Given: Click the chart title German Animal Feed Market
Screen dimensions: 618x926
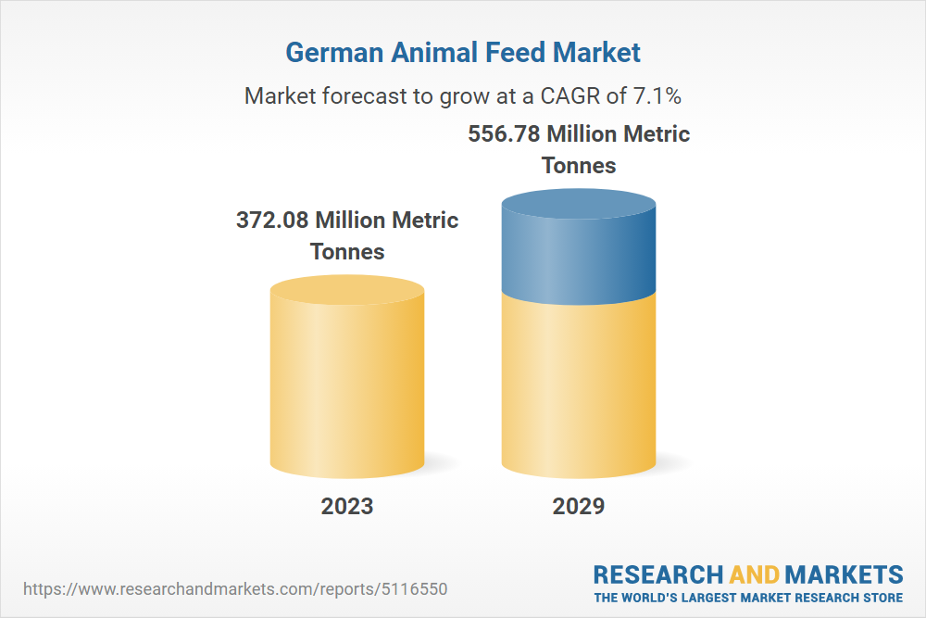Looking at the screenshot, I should point(462,52).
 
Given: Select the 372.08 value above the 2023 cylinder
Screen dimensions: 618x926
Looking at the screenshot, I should point(271,221).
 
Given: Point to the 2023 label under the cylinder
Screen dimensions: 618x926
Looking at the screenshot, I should point(347,506).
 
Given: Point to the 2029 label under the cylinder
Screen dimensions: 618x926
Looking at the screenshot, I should point(579,506).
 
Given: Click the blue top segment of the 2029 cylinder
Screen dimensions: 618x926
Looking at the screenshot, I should point(579,255).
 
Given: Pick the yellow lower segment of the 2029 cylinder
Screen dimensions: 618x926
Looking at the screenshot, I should point(579,389).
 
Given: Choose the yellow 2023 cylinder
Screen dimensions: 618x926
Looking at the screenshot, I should point(347,389).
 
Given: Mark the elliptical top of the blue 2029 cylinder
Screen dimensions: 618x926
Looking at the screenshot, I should point(579,204).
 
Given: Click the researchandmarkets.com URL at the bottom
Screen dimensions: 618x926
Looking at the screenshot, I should point(240,589).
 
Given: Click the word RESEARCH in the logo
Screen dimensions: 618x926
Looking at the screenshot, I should point(658,574).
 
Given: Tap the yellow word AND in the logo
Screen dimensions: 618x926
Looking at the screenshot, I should point(754,574).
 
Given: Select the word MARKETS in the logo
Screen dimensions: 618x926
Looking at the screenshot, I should point(844,574).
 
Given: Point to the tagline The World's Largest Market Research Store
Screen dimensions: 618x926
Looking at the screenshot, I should point(748,598).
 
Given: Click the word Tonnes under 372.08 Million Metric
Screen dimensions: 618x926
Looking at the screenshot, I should point(347,251).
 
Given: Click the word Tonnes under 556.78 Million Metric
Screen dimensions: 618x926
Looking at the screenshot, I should point(579,165).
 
